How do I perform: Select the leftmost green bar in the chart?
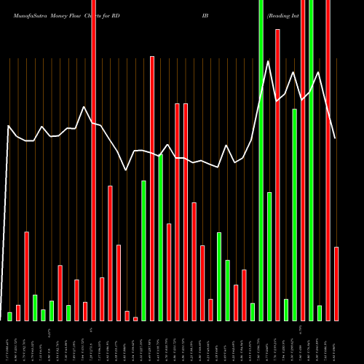coord(10,316)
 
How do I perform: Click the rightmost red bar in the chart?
coord(336,284)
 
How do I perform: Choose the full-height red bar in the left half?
coord(94,160)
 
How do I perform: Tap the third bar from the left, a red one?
coord(27,276)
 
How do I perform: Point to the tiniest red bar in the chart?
coord(135,319)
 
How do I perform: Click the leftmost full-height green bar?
coord(261,160)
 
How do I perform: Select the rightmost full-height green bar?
coord(312,160)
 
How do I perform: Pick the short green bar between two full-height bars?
coord(320,313)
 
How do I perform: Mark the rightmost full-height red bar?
coord(328,160)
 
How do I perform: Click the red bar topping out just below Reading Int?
coord(278,175)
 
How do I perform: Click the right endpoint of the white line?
coord(336,138)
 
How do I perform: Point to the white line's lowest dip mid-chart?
coord(127,170)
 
